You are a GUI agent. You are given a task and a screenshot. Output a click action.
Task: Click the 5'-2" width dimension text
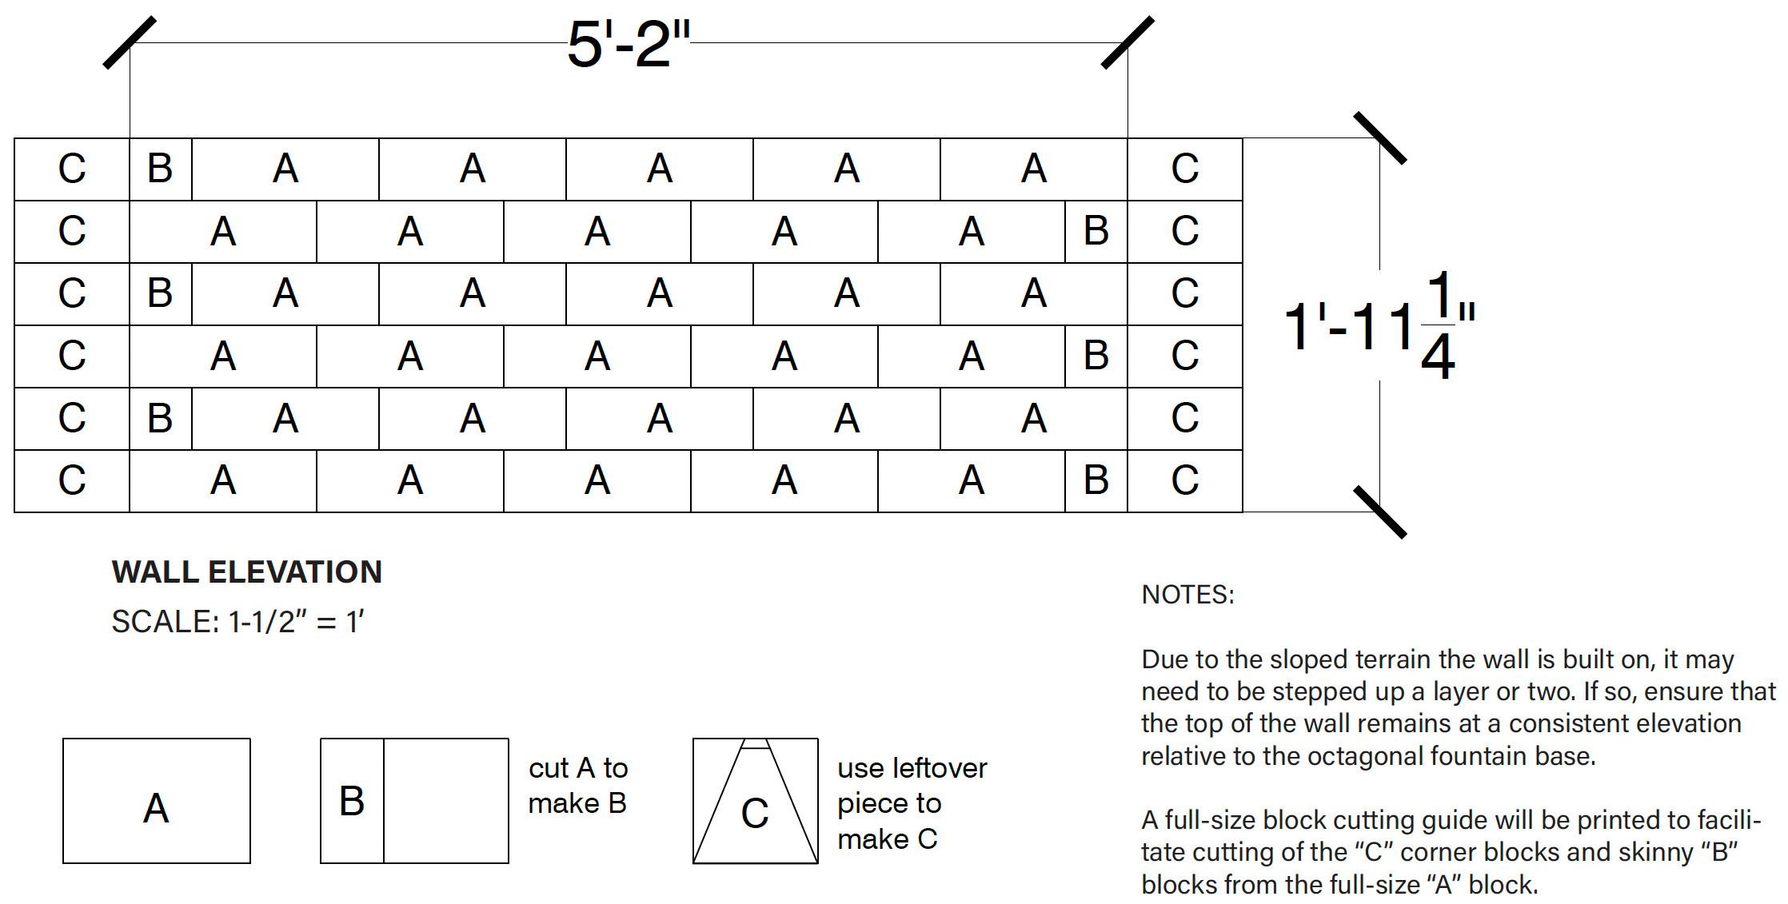[628, 45]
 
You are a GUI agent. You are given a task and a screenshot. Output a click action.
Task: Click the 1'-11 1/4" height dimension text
[1379, 325]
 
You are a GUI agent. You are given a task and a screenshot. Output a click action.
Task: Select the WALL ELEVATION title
[246, 572]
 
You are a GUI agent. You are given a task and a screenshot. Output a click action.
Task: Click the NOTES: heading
[1187, 595]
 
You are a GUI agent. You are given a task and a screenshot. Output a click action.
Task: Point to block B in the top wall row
[160, 169]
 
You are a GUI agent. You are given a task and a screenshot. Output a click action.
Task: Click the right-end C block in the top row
[1184, 169]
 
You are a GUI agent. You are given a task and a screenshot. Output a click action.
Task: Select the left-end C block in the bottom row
[71, 480]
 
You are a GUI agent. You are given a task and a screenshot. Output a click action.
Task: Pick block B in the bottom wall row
[1096, 480]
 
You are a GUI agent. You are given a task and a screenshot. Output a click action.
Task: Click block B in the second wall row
[1096, 231]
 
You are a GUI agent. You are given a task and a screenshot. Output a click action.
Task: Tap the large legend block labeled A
[156, 801]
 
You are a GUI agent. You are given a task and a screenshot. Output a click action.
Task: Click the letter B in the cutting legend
[352, 801]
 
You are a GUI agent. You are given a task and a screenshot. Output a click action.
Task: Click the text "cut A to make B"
[577, 786]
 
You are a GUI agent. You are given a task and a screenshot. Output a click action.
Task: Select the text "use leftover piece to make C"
[912, 803]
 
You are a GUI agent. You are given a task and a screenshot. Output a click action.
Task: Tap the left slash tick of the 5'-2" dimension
[130, 43]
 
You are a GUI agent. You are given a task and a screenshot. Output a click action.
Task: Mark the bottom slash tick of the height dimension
[1379, 512]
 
